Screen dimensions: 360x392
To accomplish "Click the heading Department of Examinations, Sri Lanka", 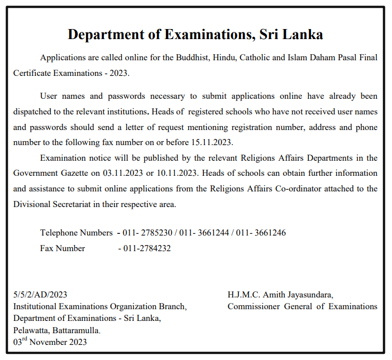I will pos(195,34).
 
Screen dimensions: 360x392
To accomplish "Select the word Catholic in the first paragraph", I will pos(254,58).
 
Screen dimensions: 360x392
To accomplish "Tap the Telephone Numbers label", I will pos(76,233).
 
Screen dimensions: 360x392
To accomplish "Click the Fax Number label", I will pos(63,248).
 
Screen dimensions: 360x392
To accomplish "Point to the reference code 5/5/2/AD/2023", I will pos(40,294).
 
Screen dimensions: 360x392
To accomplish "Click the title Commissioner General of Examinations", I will pos(302,306).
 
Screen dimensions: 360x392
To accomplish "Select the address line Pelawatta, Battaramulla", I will pos(57,330).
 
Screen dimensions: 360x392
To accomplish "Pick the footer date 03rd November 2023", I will pos(50,342).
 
